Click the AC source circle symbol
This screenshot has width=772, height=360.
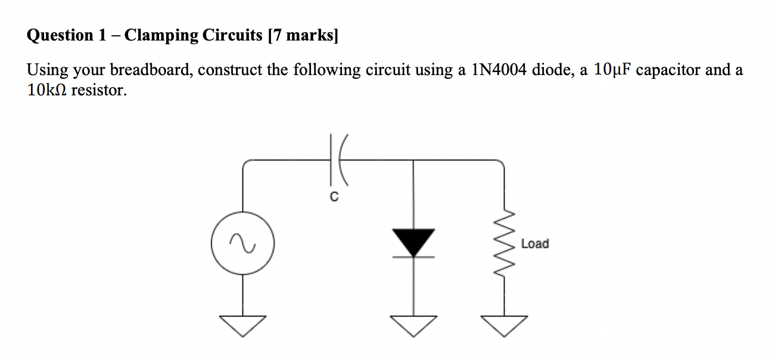tap(242, 243)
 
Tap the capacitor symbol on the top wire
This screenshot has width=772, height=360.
tap(336, 159)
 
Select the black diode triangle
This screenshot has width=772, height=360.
tap(413, 241)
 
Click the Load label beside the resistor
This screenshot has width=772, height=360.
tap(534, 244)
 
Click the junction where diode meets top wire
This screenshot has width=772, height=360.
tap(413, 160)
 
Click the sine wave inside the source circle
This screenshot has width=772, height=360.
tap(242, 243)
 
